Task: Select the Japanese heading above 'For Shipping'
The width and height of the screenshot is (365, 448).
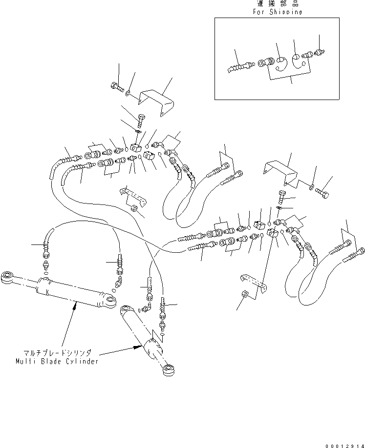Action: coord(277,4)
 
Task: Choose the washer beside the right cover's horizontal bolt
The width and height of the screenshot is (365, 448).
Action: coord(311,185)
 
